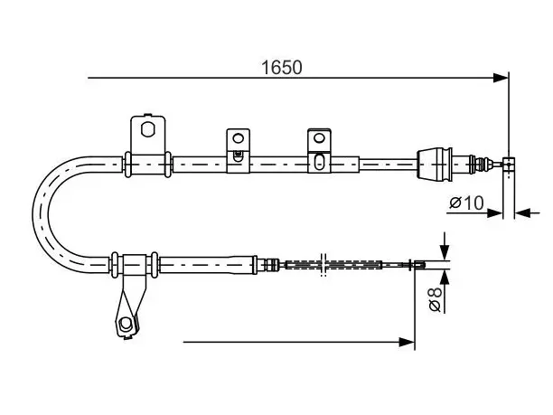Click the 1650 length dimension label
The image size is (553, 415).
click(x=281, y=68)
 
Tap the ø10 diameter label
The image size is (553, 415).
click(x=466, y=203)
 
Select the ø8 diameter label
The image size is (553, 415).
click(x=436, y=299)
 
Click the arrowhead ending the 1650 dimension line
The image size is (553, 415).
click(x=501, y=78)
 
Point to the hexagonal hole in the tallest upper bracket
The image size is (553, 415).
click(x=147, y=129)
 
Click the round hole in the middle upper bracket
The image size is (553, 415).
click(x=238, y=138)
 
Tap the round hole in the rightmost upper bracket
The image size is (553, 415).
click(x=319, y=137)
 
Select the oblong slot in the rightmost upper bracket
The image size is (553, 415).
click(x=319, y=162)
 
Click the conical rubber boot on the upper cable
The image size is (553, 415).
click(x=434, y=164)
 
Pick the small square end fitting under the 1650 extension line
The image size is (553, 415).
click(x=508, y=165)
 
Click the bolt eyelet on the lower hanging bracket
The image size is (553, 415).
click(x=125, y=324)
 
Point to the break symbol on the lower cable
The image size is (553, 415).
click(x=323, y=265)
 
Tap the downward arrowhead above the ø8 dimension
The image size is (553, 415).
click(x=445, y=252)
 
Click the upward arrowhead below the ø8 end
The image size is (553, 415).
click(x=445, y=278)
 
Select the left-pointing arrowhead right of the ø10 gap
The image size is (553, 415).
click(x=522, y=213)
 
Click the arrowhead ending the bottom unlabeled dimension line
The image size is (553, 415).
click(x=407, y=342)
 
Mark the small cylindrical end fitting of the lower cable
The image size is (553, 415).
click(x=419, y=265)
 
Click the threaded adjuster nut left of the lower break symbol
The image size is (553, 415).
click(x=271, y=264)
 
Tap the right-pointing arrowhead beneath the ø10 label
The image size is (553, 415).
click(x=494, y=213)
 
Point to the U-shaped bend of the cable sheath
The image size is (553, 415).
click(x=41, y=214)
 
